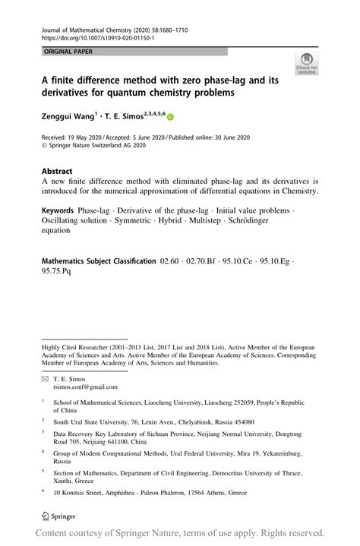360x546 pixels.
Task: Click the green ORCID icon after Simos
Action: coord(170,118)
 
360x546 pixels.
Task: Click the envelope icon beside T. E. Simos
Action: coord(45,378)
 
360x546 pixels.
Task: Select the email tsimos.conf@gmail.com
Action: coord(85,387)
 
